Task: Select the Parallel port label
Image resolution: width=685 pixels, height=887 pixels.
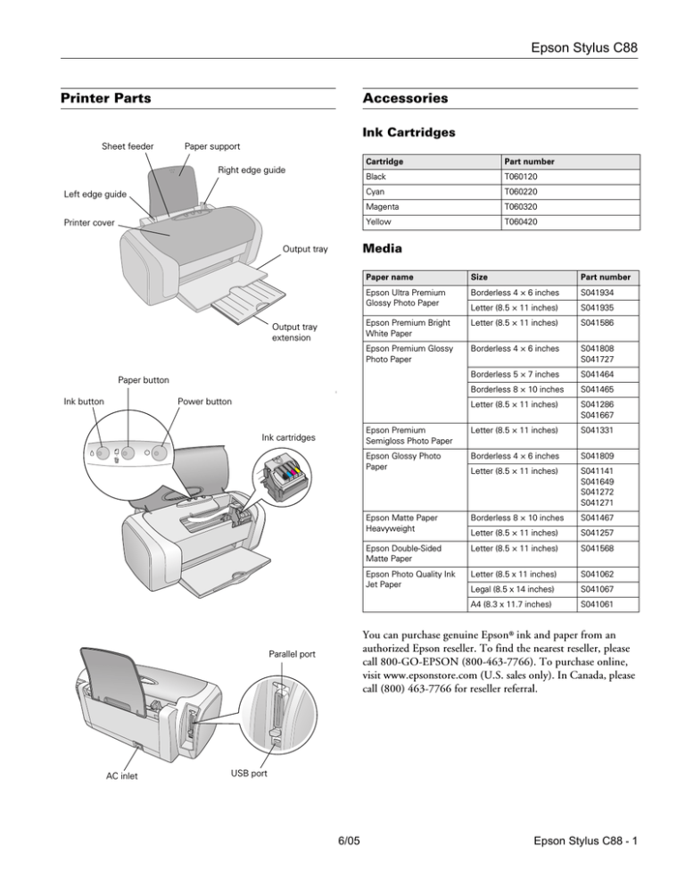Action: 291,654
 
